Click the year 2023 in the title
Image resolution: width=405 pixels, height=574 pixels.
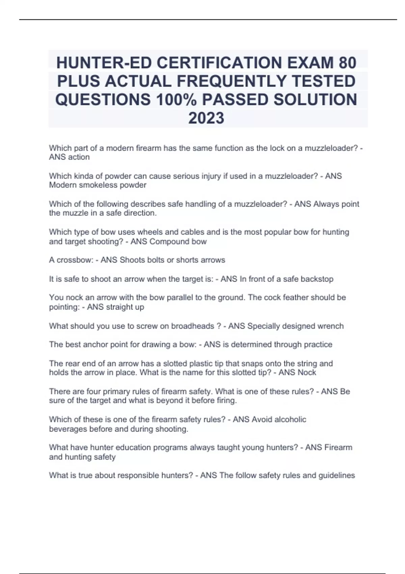[206, 118]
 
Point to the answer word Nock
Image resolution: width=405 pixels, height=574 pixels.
[307, 372]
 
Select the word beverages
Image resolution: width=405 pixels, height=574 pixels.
[68, 429]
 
